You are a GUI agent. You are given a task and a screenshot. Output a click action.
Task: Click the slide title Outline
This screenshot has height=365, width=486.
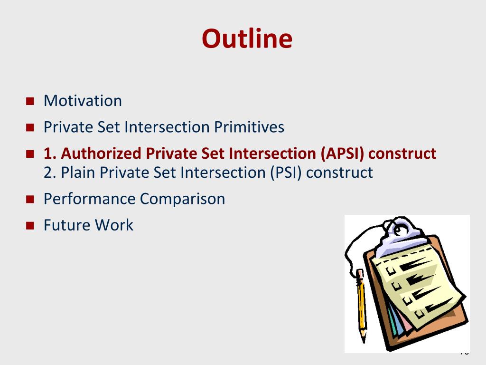(x=247, y=38)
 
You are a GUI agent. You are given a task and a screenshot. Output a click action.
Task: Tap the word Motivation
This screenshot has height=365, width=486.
(x=83, y=101)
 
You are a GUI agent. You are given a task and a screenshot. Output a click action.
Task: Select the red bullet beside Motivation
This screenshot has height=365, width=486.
(x=30, y=101)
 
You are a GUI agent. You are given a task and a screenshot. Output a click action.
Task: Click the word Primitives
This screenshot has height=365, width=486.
(x=249, y=127)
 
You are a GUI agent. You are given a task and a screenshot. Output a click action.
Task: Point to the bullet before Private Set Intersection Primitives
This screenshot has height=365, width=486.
(x=30, y=127)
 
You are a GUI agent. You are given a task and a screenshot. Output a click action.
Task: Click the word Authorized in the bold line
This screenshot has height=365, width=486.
(x=101, y=154)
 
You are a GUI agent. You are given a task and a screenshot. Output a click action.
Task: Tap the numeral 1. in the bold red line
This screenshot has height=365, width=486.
(x=50, y=154)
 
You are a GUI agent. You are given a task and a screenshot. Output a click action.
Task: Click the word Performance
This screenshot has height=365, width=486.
(x=90, y=199)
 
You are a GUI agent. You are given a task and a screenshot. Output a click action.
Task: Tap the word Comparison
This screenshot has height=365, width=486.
(x=183, y=199)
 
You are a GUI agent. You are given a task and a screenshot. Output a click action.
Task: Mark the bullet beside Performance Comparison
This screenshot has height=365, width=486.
(x=30, y=199)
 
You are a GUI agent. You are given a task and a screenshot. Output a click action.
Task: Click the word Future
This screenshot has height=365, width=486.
(x=66, y=225)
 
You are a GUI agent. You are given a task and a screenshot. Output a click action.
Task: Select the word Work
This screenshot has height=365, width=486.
(x=114, y=225)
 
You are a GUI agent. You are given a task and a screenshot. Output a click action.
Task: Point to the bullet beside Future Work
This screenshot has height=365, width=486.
(x=30, y=226)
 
